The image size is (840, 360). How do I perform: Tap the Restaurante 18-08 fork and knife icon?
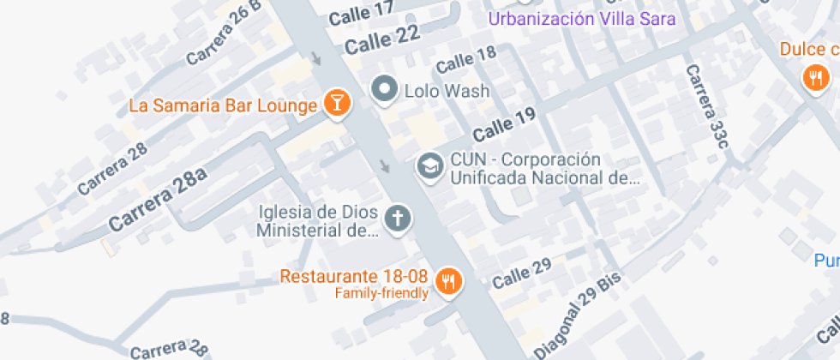[x=448, y=279]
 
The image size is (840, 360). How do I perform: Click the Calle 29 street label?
[x=521, y=275]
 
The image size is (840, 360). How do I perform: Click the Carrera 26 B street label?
[x=223, y=34]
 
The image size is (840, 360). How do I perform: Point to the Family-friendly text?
[x=381, y=294]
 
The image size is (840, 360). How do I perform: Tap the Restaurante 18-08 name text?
[x=354, y=277]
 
